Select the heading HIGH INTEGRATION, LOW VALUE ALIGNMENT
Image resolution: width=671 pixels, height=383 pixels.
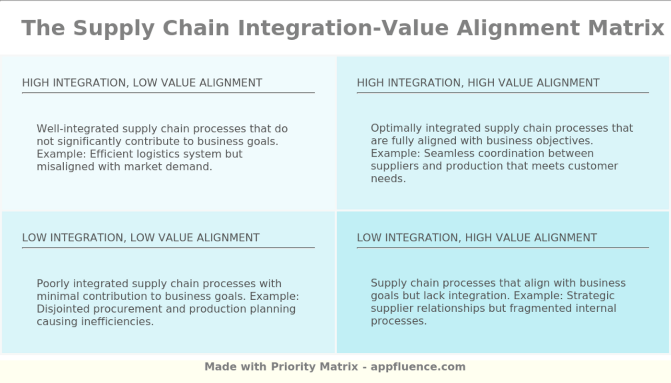point(142,83)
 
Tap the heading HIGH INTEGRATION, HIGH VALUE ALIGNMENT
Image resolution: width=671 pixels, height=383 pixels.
point(478,83)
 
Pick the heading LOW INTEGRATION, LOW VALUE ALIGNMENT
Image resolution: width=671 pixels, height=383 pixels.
point(140,237)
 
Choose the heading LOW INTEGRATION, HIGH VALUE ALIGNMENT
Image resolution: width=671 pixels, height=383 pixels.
point(477,237)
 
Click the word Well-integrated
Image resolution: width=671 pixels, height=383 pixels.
point(78,129)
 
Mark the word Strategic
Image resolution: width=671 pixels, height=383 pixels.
point(592,295)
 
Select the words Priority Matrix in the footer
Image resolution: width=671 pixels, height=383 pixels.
point(314,367)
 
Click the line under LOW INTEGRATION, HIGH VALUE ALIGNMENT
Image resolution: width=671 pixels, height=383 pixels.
point(502,248)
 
